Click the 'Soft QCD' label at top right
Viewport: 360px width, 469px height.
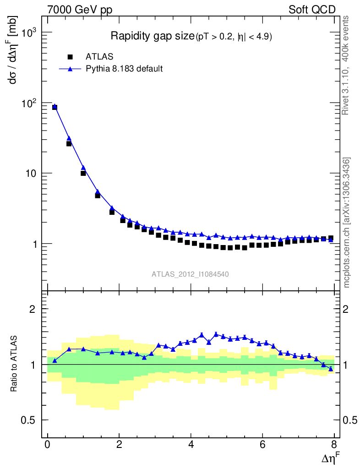[312, 10]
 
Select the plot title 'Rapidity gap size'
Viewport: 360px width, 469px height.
[153, 36]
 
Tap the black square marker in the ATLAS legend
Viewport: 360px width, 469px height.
[70, 57]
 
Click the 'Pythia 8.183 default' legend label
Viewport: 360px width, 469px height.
[125, 69]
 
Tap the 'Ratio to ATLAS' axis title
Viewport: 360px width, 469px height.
[15, 364]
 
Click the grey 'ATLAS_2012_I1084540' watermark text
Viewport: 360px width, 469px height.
[191, 274]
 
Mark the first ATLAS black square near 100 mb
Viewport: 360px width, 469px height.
[55, 107]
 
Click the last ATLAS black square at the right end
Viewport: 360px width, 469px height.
[331, 238]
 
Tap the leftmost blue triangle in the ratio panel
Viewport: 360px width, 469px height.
[55, 361]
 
